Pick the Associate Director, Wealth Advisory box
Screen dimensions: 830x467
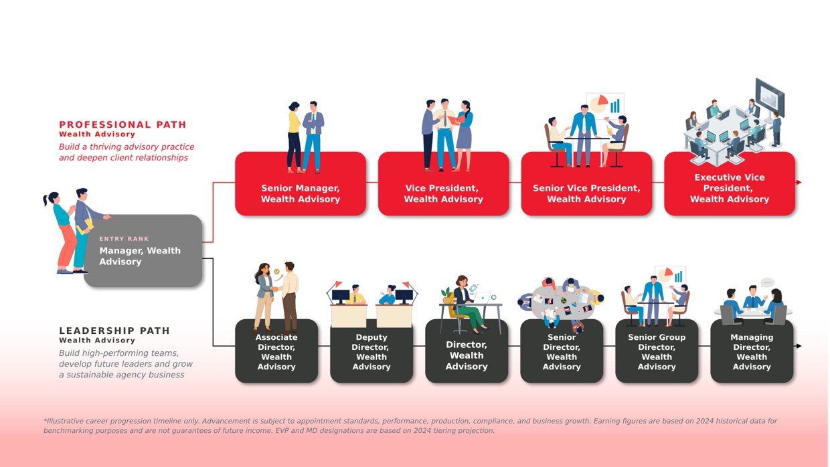(276, 352)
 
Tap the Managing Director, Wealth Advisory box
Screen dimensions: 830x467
(752, 352)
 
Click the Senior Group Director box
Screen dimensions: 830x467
(657, 352)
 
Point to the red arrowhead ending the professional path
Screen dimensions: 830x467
(799, 182)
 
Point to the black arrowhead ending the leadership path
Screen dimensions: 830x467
(799, 346)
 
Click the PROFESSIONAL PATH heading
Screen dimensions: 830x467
(122, 124)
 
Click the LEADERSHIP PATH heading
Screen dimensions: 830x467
(114, 331)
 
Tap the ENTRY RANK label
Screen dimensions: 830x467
(124, 239)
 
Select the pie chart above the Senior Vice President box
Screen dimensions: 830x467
(599, 104)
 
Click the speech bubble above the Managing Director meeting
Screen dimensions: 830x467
(767, 282)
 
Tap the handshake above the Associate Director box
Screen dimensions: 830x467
(275, 289)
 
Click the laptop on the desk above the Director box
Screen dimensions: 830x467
(483, 298)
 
